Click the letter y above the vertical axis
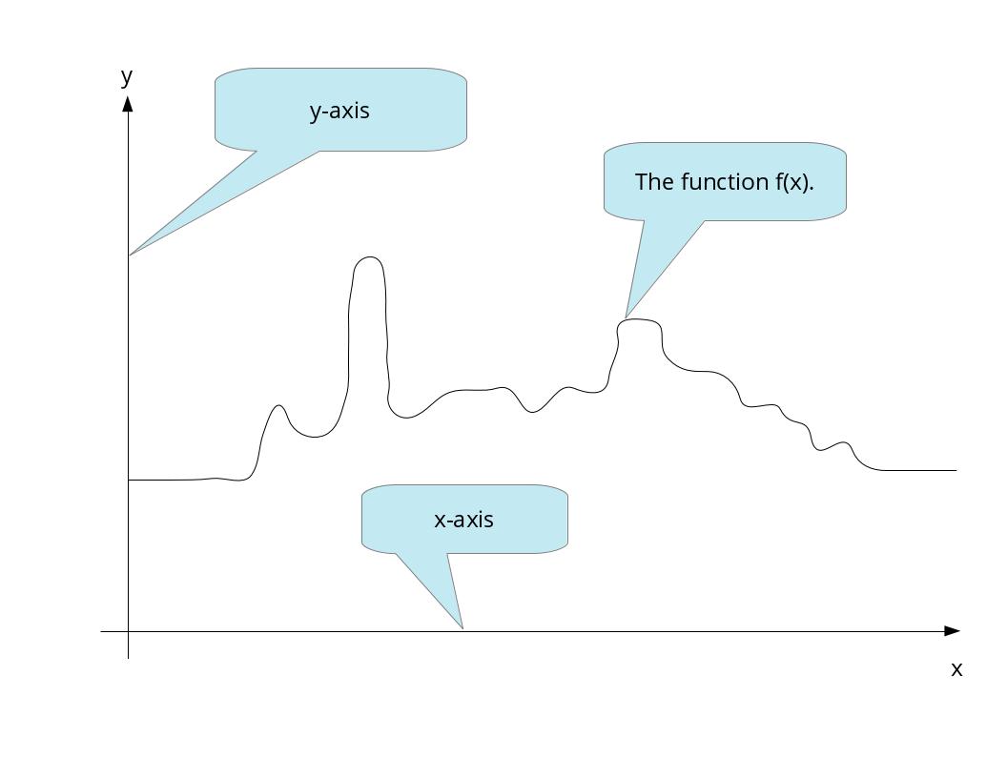(126, 76)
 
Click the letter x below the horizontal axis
(956, 669)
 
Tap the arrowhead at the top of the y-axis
(128, 102)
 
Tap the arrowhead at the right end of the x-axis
(952, 631)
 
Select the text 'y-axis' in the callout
(339, 111)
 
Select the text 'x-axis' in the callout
(463, 520)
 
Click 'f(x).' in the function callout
(794, 181)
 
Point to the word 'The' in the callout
(654, 181)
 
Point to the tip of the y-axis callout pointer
(130, 255)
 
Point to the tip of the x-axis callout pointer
(462, 628)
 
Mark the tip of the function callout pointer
(626, 317)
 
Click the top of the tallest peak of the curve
(369, 257)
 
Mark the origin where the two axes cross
(128, 631)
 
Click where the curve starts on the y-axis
(129, 480)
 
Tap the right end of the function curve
(956, 470)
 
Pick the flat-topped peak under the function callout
(640, 320)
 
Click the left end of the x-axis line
(101, 631)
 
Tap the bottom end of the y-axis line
(128, 658)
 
